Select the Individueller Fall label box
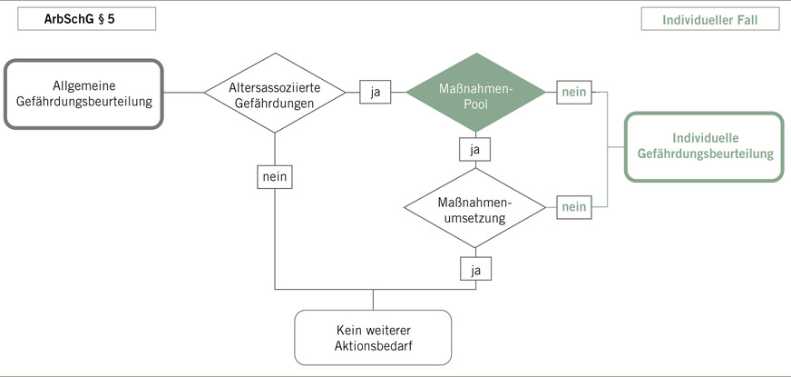point(710,18)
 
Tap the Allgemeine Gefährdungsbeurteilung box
point(84,93)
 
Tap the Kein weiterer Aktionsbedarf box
point(373,337)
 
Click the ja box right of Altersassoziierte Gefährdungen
point(375,92)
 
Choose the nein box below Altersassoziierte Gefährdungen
point(275,176)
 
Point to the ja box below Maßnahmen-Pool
point(474,147)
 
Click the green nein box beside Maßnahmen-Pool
point(573,92)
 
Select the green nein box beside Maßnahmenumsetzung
point(573,207)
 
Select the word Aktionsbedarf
point(373,346)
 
